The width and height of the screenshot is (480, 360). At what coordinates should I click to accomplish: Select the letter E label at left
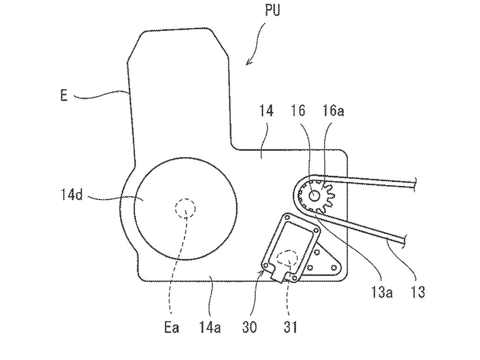click(64, 96)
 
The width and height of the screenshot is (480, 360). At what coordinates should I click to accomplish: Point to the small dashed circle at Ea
click(185, 207)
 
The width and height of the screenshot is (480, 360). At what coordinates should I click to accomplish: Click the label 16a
click(333, 111)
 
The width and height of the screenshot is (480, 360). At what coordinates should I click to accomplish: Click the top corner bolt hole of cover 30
click(287, 217)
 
